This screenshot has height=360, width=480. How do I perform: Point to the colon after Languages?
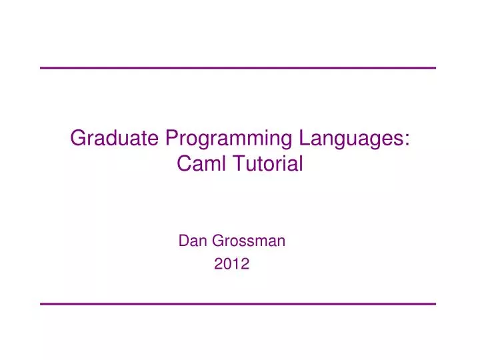[x=407, y=140]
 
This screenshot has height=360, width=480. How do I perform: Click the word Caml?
[x=199, y=163]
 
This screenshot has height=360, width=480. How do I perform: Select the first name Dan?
[x=190, y=241]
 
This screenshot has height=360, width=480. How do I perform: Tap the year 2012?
[x=231, y=264]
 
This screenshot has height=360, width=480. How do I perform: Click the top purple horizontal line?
[x=238, y=68]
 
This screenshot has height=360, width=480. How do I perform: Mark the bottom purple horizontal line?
[x=238, y=304]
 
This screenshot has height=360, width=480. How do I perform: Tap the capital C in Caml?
[x=183, y=163]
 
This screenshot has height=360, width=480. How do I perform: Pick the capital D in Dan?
[x=183, y=241]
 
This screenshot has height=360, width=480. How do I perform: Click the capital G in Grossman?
[x=213, y=241]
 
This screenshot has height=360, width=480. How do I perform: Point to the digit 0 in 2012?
[x=227, y=264]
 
